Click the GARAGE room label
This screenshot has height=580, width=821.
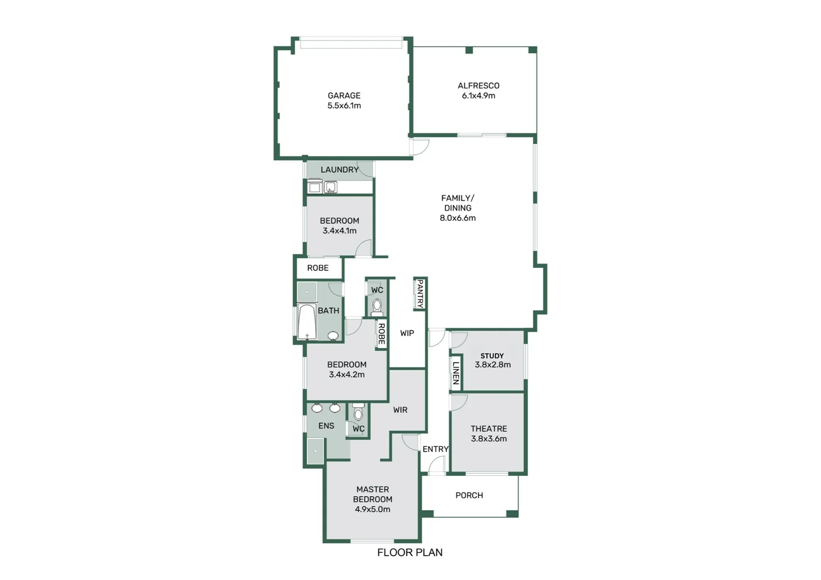click(344, 96)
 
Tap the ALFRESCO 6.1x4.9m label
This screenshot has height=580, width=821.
click(478, 90)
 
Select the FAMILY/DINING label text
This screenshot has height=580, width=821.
click(457, 203)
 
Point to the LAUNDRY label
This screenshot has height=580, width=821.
click(339, 170)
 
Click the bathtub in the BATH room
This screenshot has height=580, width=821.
click(307, 322)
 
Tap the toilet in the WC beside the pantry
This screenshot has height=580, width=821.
click(377, 307)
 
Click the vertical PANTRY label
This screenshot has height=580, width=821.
click(420, 293)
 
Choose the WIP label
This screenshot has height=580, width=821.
click(407, 333)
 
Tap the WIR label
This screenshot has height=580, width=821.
click(400, 410)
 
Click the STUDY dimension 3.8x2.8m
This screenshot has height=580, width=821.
click(492, 365)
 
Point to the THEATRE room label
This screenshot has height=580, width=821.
click(489, 429)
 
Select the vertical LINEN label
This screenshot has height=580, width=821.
click(456, 373)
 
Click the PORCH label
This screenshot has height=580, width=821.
click(469, 495)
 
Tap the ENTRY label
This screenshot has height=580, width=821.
click(435, 449)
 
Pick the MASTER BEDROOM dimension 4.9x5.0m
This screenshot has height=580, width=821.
click(373, 509)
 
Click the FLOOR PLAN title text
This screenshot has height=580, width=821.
click(410, 552)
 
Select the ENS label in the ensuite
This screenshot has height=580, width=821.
click(326, 426)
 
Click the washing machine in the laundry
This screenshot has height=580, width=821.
click(315, 187)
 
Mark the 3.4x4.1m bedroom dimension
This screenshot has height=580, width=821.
click(339, 231)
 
